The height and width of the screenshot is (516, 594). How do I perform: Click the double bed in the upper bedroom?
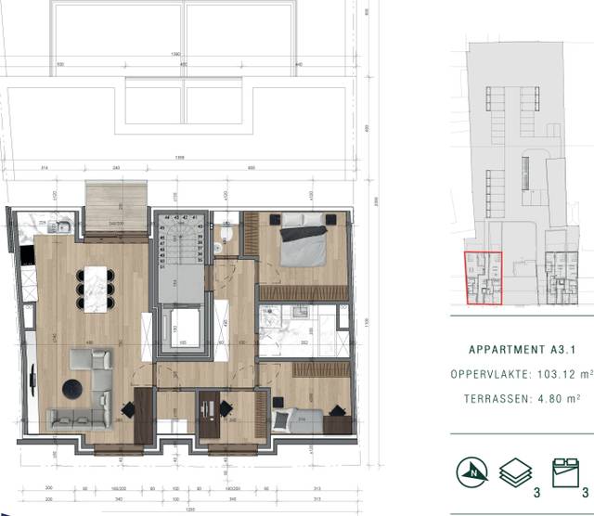(x=302, y=243)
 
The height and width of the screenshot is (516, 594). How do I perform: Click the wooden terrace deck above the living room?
(x=116, y=206)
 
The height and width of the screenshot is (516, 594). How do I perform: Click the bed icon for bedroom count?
(x=564, y=470)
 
